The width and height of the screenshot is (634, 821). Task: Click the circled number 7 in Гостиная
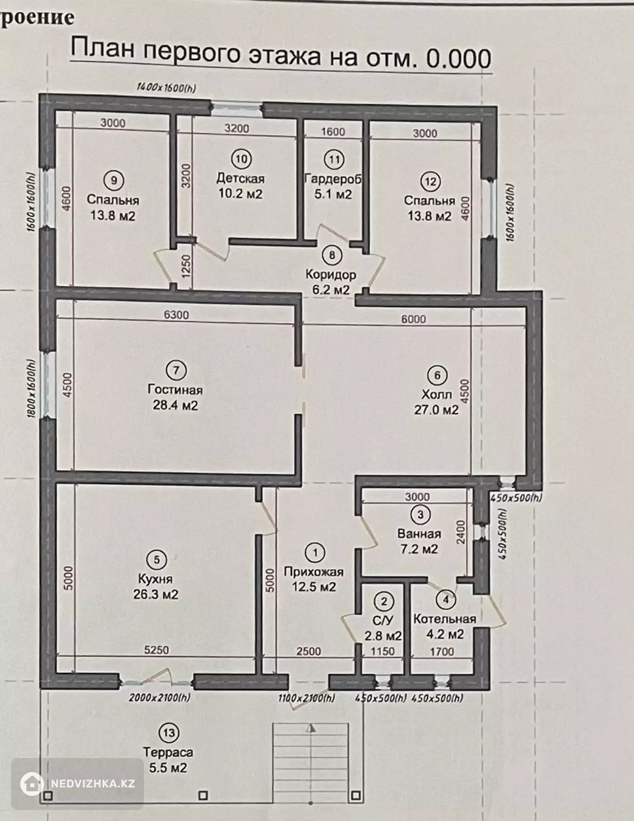click(177, 370)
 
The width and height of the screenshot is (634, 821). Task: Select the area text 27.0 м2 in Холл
click(436, 410)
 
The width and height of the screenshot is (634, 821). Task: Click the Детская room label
click(240, 178)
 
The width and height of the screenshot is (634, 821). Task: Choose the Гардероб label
click(333, 179)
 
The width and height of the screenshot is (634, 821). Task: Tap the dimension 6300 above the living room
click(176, 314)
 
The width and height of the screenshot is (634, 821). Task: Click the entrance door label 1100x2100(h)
click(307, 698)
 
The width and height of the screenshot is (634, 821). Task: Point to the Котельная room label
click(445, 619)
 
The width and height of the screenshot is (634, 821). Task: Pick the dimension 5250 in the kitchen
click(157, 650)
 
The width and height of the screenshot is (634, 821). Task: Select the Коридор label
click(331, 274)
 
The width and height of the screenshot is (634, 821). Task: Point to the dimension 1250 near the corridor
click(185, 266)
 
